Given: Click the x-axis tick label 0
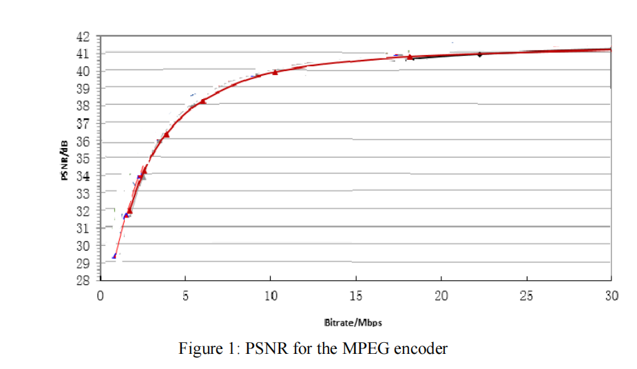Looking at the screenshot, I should [x=101, y=296].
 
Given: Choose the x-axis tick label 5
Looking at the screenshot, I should [x=185, y=296].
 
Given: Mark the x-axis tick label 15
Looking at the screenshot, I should [x=355, y=296].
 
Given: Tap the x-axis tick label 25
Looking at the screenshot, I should [x=526, y=296].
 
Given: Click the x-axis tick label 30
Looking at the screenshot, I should [x=611, y=296].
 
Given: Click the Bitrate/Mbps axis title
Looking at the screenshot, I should [x=353, y=323].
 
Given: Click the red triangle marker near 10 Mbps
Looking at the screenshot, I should [x=275, y=72].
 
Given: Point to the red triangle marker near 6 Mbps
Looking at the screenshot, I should [x=203, y=101].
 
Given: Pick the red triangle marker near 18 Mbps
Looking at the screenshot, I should [x=410, y=57].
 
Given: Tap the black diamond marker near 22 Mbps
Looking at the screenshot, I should [x=480, y=54].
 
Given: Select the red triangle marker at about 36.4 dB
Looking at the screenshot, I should [x=166, y=134].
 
